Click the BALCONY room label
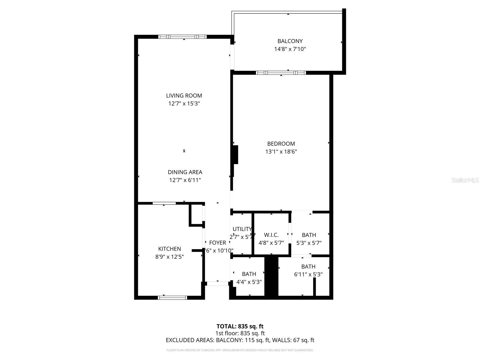(290, 41)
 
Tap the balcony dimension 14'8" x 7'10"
(290, 49)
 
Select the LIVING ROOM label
(184, 96)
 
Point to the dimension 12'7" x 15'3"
(184, 104)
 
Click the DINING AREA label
(185, 172)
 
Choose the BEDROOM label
(281, 144)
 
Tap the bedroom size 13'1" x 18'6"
(281, 152)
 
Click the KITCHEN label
(169, 249)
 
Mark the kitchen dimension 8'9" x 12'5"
(169, 257)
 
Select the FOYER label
(217, 243)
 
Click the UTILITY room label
(242, 229)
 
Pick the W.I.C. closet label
(271, 235)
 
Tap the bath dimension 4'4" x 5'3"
(249, 282)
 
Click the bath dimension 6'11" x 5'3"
(308, 274)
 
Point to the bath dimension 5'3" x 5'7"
(309, 243)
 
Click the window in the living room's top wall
(182, 37)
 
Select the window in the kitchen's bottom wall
(172, 298)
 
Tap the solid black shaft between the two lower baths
(271, 277)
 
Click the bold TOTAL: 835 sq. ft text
(240, 326)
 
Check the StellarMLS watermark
(465, 180)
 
